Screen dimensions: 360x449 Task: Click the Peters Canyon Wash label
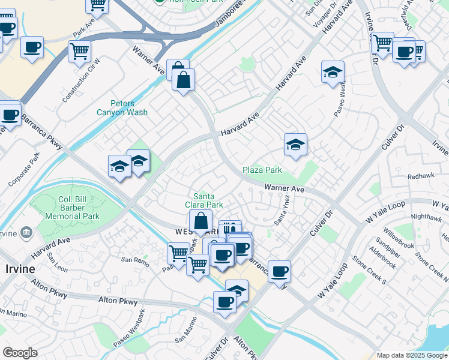point(122,107)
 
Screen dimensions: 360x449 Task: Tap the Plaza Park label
point(262,170)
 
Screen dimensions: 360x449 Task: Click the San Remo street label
point(134,260)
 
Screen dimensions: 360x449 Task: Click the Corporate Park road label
point(24,169)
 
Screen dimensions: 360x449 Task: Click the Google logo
point(20,353)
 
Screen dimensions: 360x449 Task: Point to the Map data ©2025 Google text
point(412,355)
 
